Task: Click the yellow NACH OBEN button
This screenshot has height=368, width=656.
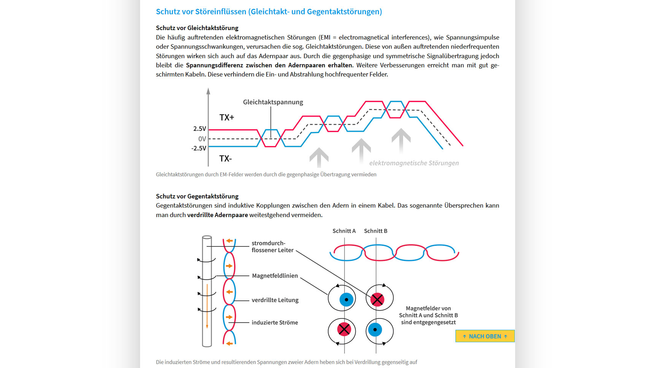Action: click(485, 336)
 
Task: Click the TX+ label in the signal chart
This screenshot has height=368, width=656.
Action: click(227, 117)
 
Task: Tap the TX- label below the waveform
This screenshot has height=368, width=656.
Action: click(226, 159)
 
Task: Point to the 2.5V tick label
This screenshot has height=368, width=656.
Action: click(200, 129)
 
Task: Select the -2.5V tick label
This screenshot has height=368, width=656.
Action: click(199, 148)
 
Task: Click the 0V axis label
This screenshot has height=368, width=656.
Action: click(202, 139)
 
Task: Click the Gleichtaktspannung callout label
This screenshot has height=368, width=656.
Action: click(273, 102)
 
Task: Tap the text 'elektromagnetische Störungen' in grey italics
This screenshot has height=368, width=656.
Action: click(414, 163)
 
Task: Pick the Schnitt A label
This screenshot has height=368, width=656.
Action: click(344, 231)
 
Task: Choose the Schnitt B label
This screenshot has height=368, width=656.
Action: click(375, 231)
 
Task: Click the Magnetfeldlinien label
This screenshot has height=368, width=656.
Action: click(275, 276)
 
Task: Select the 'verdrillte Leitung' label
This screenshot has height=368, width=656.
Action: click(275, 300)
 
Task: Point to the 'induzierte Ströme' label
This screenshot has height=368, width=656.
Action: click(275, 322)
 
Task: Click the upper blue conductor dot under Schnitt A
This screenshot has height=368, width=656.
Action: click(346, 300)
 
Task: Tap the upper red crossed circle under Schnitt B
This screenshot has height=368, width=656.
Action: click(377, 300)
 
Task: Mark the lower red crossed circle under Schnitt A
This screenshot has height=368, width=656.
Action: click(344, 329)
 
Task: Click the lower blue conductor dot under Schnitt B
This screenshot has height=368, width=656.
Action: click(375, 330)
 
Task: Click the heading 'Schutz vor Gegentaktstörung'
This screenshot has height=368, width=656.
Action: click(197, 196)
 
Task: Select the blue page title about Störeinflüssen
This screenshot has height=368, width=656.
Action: click(269, 11)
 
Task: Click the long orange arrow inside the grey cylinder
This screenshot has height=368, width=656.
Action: click(207, 306)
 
